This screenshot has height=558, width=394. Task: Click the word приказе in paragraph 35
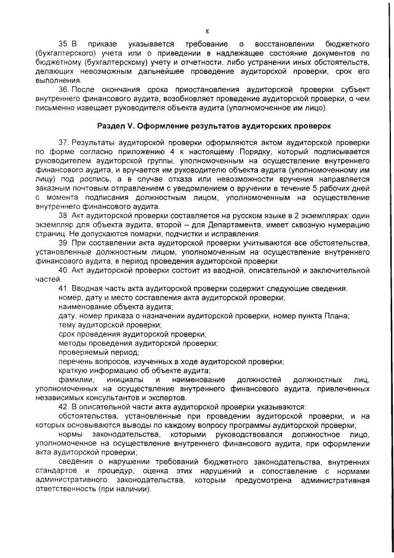(102, 44)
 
